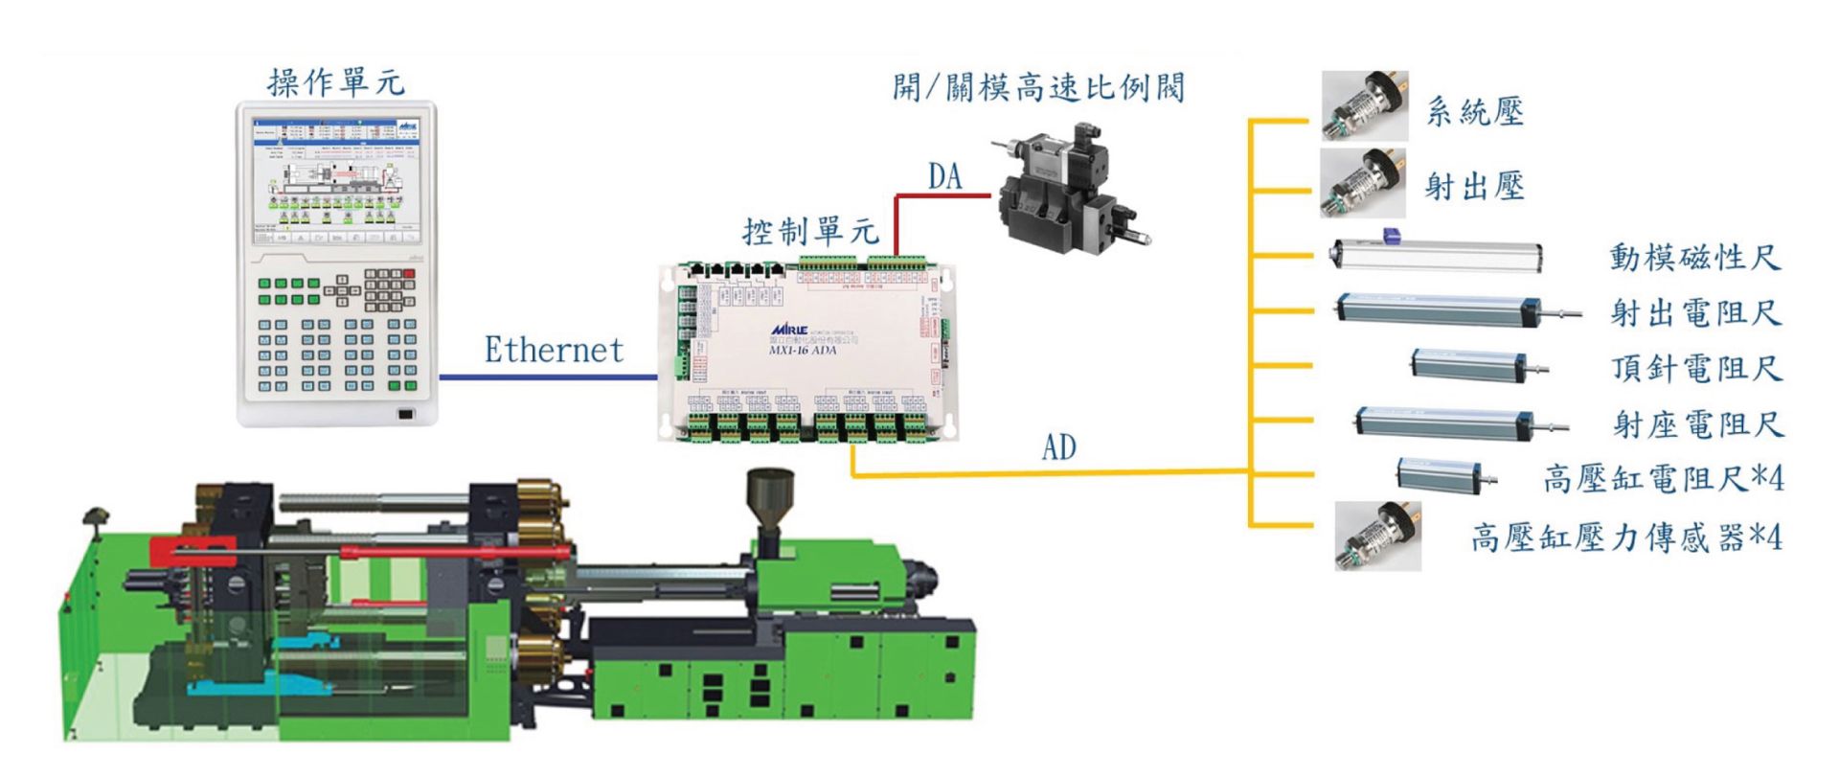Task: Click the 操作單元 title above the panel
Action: coord(335,83)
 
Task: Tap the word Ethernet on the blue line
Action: coord(554,350)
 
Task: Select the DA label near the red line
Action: coord(944,176)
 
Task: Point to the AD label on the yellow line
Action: coord(1058,447)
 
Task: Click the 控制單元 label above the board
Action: coord(810,232)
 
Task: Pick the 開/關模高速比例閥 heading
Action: coord(1038,88)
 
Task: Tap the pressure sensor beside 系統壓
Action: coord(1365,105)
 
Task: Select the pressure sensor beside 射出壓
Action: coord(1363,182)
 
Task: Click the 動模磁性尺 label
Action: coord(1694,258)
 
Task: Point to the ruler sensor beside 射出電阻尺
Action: coord(1446,309)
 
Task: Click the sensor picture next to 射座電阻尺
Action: coord(1456,423)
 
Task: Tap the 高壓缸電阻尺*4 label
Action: coord(1664,478)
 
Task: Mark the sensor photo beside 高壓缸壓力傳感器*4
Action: coord(1378,536)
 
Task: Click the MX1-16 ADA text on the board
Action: coord(803,351)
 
